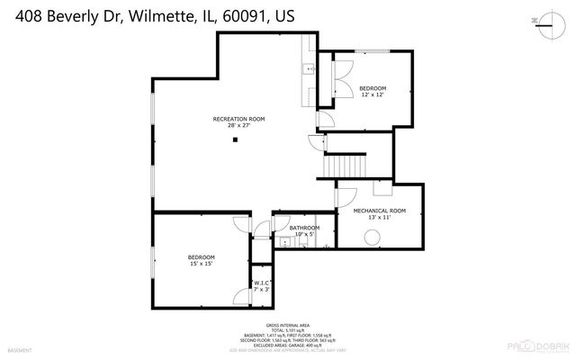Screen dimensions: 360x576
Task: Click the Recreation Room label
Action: coord(238,119)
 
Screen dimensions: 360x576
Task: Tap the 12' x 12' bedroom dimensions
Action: coord(373,94)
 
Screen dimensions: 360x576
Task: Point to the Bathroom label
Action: coord(304,228)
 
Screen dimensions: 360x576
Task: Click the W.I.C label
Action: coord(261,283)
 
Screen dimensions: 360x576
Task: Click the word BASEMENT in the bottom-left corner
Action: coord(19,350)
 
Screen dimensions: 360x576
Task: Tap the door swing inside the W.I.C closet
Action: coord(241,295)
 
